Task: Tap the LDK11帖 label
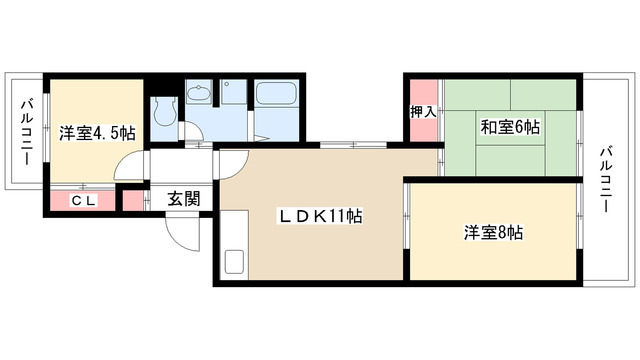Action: (321, 216)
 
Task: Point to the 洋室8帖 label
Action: (493, 233)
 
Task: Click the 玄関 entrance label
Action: (183, 197)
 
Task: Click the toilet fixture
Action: (163, 112)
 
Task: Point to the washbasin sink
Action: (198, 95)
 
